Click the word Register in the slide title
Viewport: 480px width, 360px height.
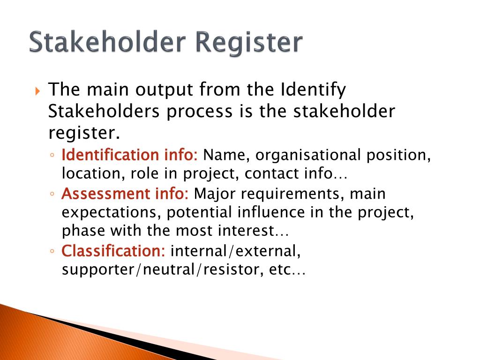click(x=249, y=43)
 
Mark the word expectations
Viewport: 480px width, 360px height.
click(x=112, y=213)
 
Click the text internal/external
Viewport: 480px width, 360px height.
click(x=235, y=251)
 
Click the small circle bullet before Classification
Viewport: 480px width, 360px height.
click(x=53, y=252)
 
